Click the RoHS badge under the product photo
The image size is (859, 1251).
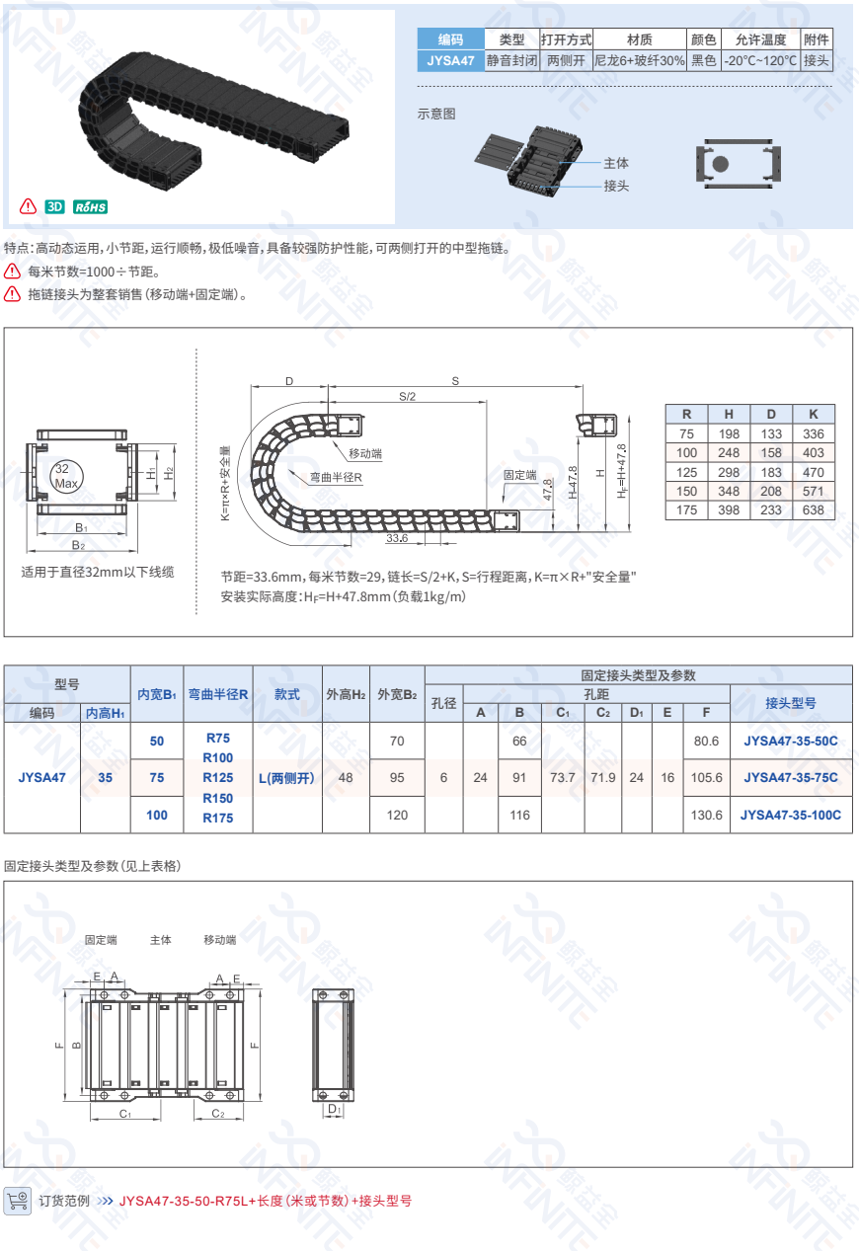[90, 207]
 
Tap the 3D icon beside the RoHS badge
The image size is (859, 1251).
[55, 207]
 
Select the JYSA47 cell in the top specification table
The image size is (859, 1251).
[450, 60]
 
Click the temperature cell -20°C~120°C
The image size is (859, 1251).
[759, 60]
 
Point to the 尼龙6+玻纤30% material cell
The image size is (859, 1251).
[639, 60]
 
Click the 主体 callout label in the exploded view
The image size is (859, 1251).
[616, 163]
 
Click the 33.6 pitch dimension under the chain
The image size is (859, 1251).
[397, 539]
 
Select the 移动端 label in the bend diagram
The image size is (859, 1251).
[364, 453]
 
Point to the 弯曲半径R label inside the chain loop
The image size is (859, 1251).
[336, 477]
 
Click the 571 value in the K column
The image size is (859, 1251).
[814, 492]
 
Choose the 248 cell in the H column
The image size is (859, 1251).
[729, 453]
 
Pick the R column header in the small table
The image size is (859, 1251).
[686, 414]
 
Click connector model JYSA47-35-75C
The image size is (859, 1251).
[790, 778]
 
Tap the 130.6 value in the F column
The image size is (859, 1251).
[706, 816]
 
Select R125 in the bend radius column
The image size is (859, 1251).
[218, 778]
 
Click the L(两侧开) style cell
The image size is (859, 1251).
[286, 778]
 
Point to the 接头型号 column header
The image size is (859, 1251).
[790, 703]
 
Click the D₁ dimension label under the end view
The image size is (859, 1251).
[334, 1110]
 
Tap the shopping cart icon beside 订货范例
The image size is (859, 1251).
[18, 1201]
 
